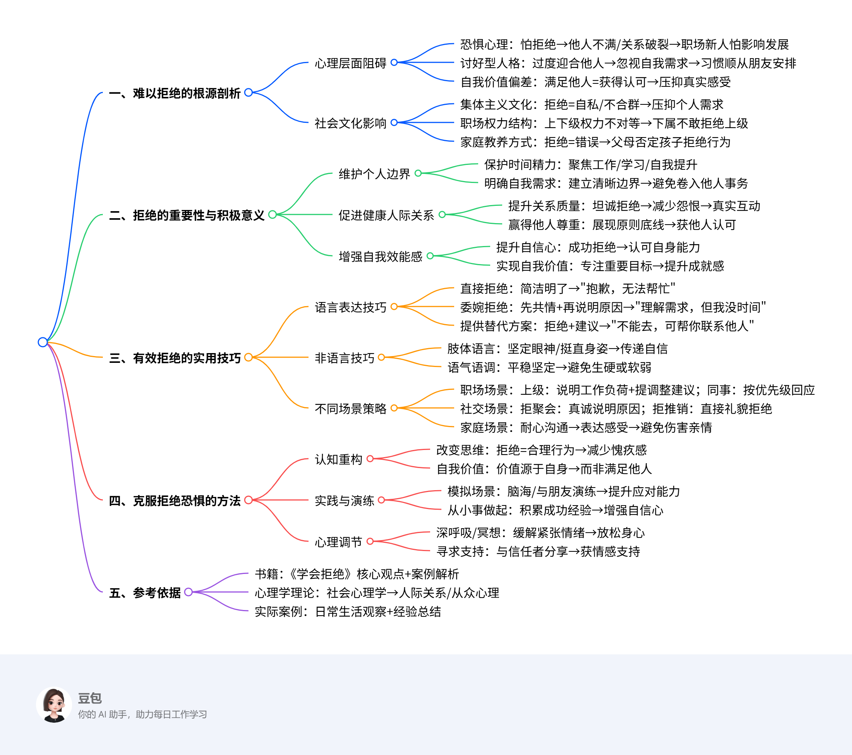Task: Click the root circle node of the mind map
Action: tap(42, 342)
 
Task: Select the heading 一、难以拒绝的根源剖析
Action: tap(174, 93)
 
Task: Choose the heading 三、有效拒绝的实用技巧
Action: tap(174, 358)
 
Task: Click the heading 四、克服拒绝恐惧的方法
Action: tap(174, 501)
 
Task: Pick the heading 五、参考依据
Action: tap(144, 593)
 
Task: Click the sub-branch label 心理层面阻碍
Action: tap(350, 63)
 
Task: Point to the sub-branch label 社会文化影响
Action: tap(350, 124)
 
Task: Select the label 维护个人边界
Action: tap(374, 174)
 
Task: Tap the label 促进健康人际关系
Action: tap(386, 215)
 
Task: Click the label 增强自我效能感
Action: tap(380, 257)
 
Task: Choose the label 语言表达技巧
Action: tap(350, 307)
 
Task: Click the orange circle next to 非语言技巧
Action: tap(381, 357)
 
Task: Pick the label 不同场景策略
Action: tap(350, 409)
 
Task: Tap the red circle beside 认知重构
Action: tap(370, 459)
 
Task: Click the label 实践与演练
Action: tap(344, 501)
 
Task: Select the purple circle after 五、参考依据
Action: tap(188, 592)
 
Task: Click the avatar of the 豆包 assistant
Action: tap(54, 705)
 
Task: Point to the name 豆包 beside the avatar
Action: tap(90, 698)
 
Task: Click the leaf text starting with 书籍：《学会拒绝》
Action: tap(357, 574)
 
